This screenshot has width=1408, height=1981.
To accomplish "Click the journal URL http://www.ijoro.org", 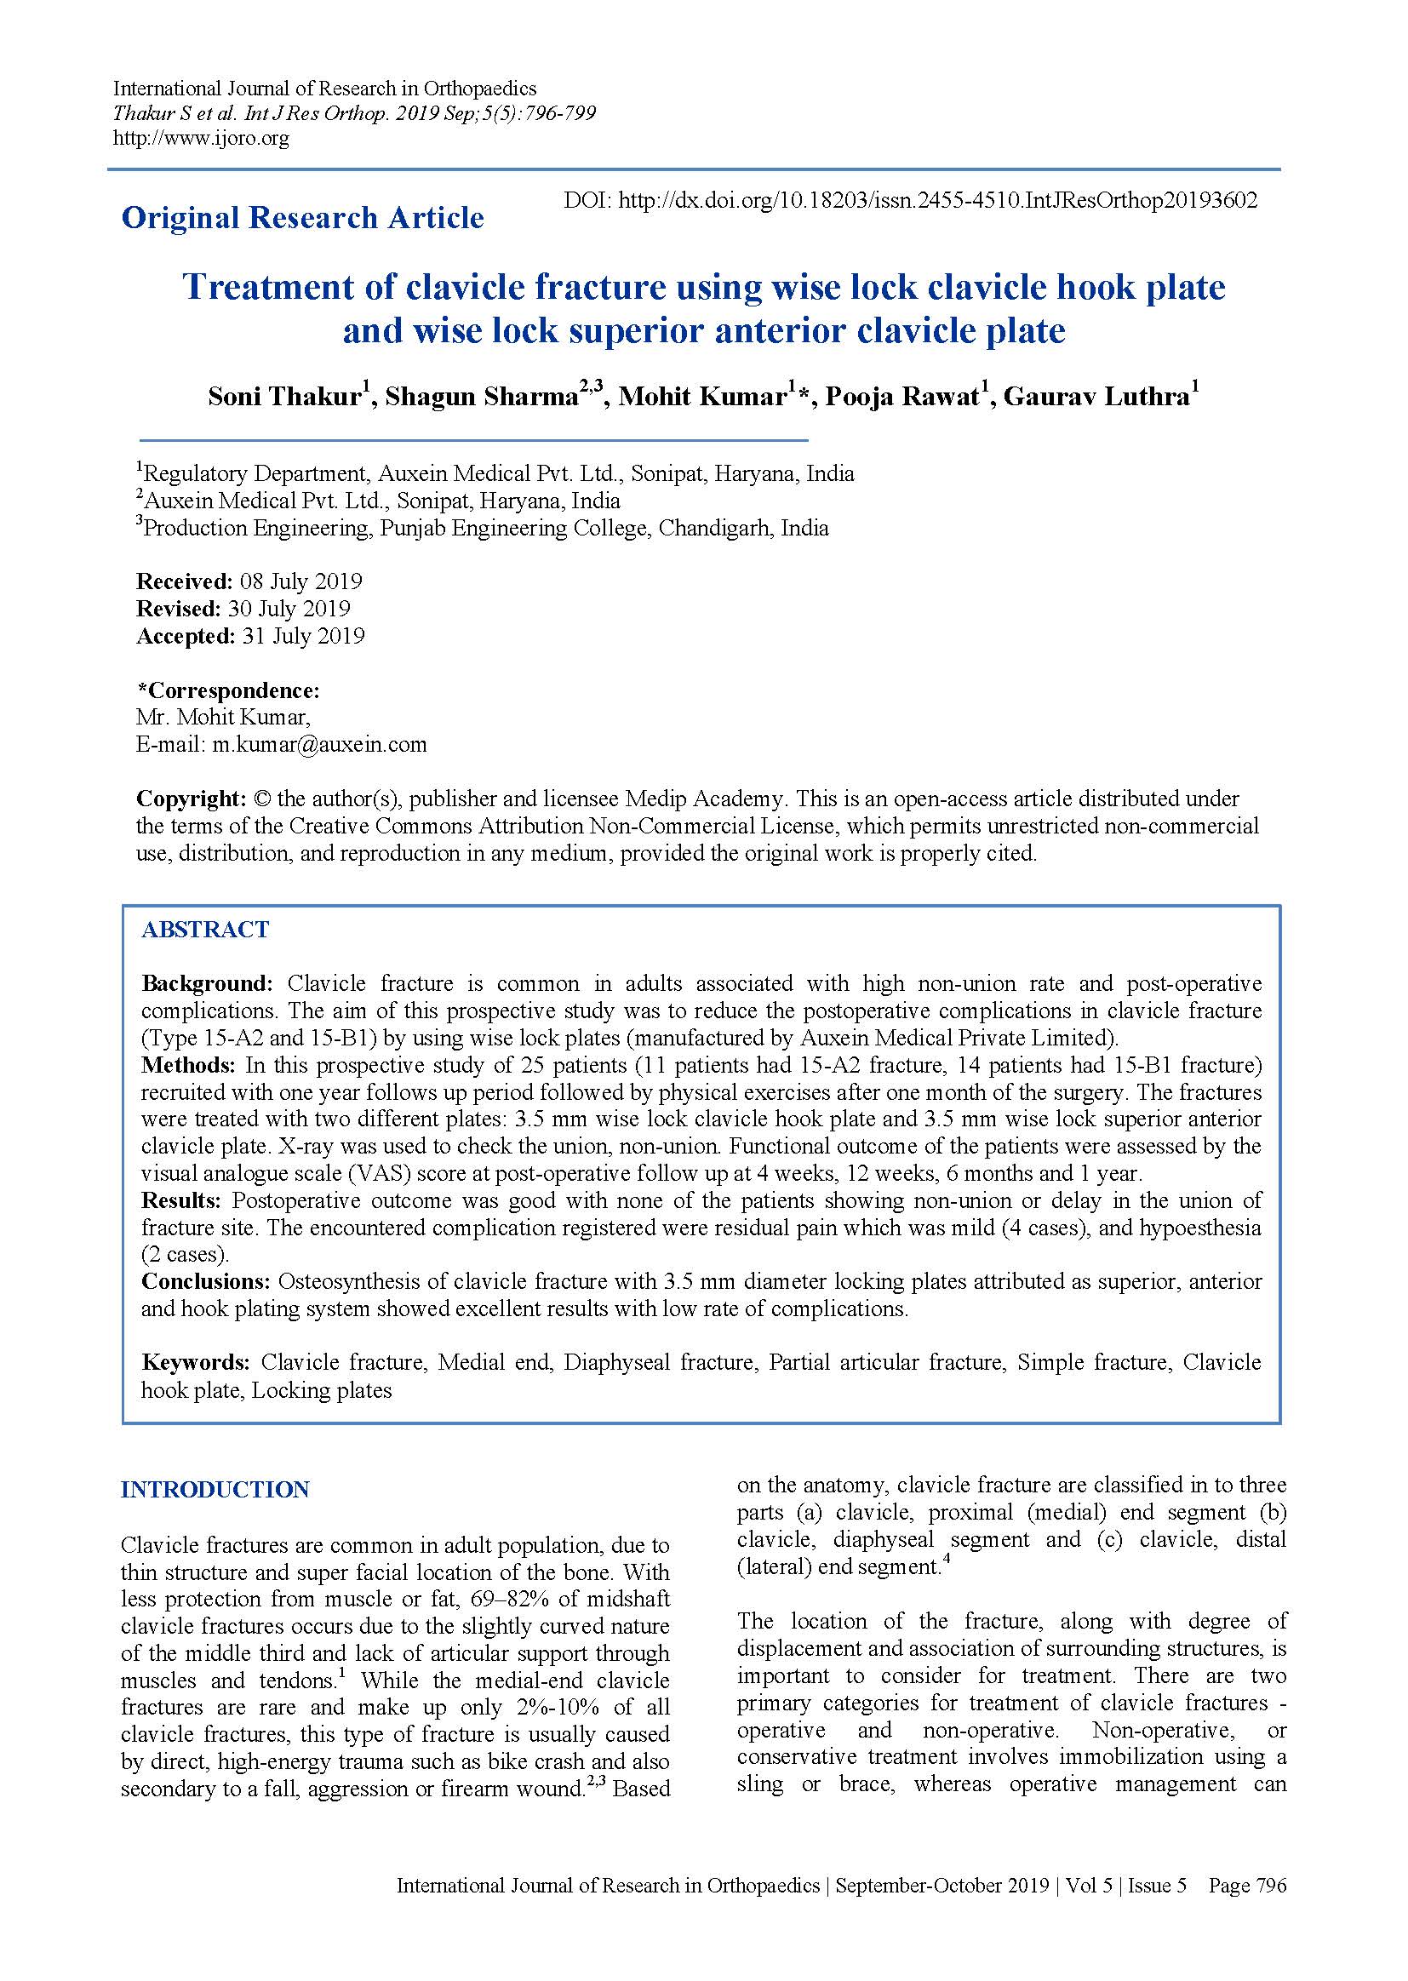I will coord(201,138).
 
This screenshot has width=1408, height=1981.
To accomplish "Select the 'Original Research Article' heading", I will coord(302,218).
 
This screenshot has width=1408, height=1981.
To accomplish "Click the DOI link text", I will coord(910,200).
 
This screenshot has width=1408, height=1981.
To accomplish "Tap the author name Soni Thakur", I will coord(283,397).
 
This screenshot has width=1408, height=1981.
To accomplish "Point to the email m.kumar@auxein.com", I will coord(319,744).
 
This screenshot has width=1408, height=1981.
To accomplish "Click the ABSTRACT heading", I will coord(205,930).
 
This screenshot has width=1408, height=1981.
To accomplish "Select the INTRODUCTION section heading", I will coord(215,1490).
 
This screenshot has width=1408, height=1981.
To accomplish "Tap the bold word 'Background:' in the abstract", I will coord(207,983).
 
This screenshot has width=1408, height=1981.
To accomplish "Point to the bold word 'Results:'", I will coord(182,1200).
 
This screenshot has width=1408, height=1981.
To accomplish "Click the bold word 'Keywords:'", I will coord(196,1362).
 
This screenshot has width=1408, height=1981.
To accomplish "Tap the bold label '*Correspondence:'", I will coord(229,690).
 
